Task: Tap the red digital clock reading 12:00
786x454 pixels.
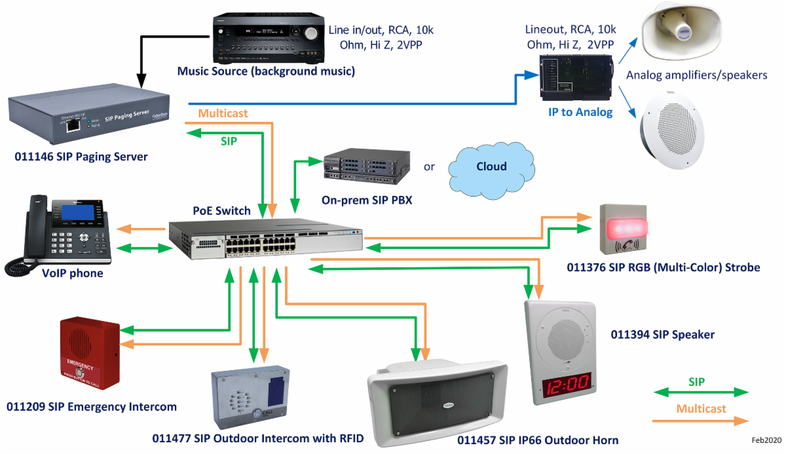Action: coord(561,385)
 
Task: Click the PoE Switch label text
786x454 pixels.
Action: coord(221,211)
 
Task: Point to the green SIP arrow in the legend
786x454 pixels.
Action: coord(701,392)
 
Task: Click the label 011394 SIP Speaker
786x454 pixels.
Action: coord(662,335)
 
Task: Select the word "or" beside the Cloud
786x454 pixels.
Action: coord(429,166)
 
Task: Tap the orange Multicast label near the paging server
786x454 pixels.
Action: coord(223,113)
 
